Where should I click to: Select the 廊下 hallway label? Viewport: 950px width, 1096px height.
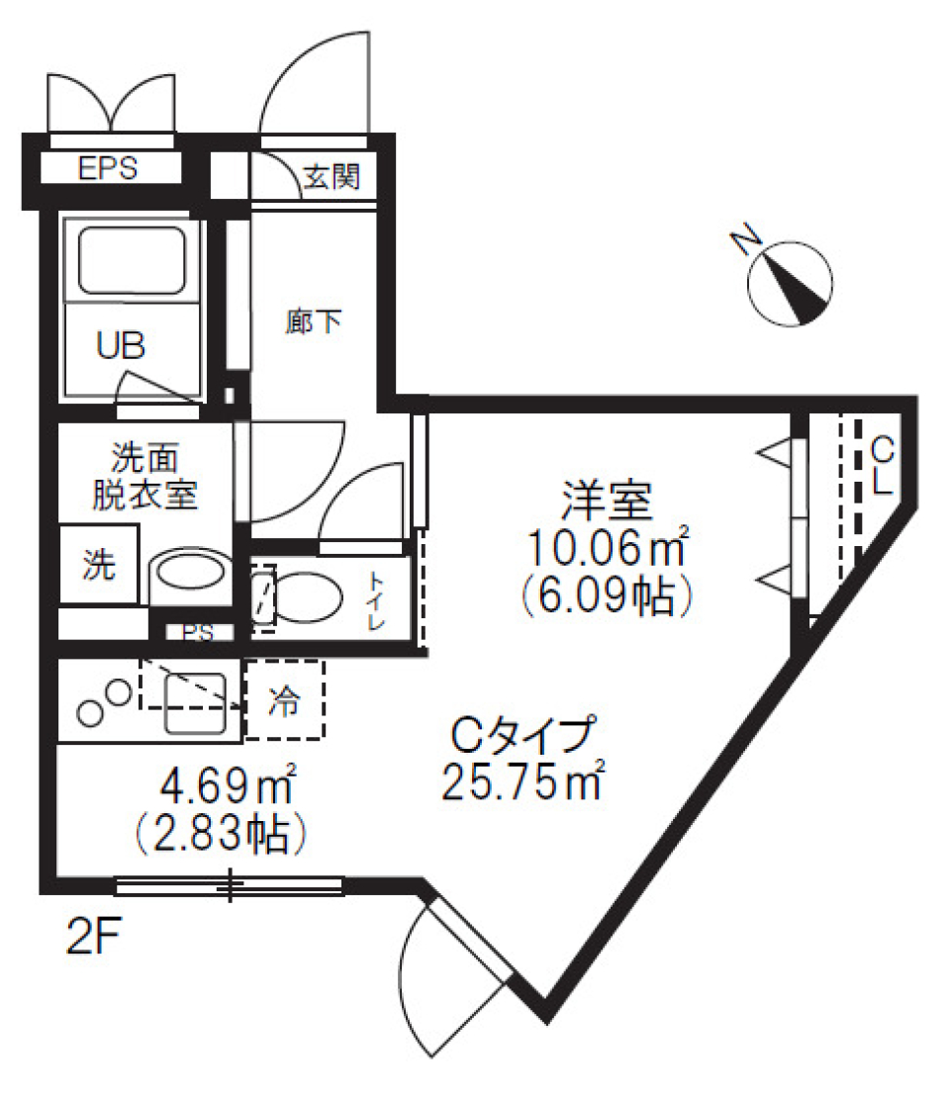click(x=314, y=321)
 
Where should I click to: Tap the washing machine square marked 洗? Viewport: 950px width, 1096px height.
click(x=97, y=566)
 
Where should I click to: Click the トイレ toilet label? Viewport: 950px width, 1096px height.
click(x=378, y=599)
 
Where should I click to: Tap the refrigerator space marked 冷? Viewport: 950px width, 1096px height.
click(x=285, y=701)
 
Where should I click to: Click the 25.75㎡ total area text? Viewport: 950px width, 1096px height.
click(x=522, y=782)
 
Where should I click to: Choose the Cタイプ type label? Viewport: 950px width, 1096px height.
click(x=522, y=734)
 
